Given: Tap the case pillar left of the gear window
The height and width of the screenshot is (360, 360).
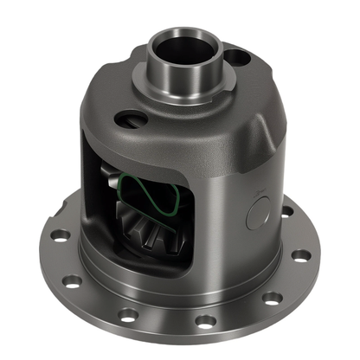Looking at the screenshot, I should coord(93,199).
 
